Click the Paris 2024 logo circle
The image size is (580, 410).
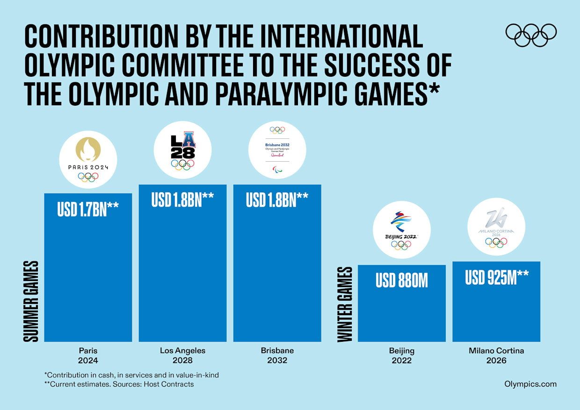pyautogui.click(x=88, y=159)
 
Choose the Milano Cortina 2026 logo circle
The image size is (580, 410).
pyautogui.click(x=496, y=227)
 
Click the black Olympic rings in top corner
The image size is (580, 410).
pyautogui.click(x=531, y=35)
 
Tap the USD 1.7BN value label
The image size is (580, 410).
pyautogui.click(x=88, y=209)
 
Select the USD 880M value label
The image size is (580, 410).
pyautogui.click(x=401, y=281)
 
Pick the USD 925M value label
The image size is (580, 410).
pyautogui.click(x=496, y=277)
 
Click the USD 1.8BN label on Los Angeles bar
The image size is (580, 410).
pyautogui.click(x=182, y=200)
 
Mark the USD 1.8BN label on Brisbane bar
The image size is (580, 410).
pyautogui.click(x=277, y=200)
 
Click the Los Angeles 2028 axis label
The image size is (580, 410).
pyautogui.click(x=182, y=355)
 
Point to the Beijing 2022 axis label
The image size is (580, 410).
pyautogui.click(x=401, y=355)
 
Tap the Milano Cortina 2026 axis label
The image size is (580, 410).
pyautogui.click(x=496, y=355)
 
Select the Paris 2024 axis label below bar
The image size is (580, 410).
pyautogui.click(x=88, y=355)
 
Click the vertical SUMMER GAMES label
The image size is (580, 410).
pyautogui.click(x=31, y=301)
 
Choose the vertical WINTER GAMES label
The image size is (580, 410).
pyautogui.click(x=345, y=304)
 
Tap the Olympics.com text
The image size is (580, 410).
pyautogui.click(x=530, y=384)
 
